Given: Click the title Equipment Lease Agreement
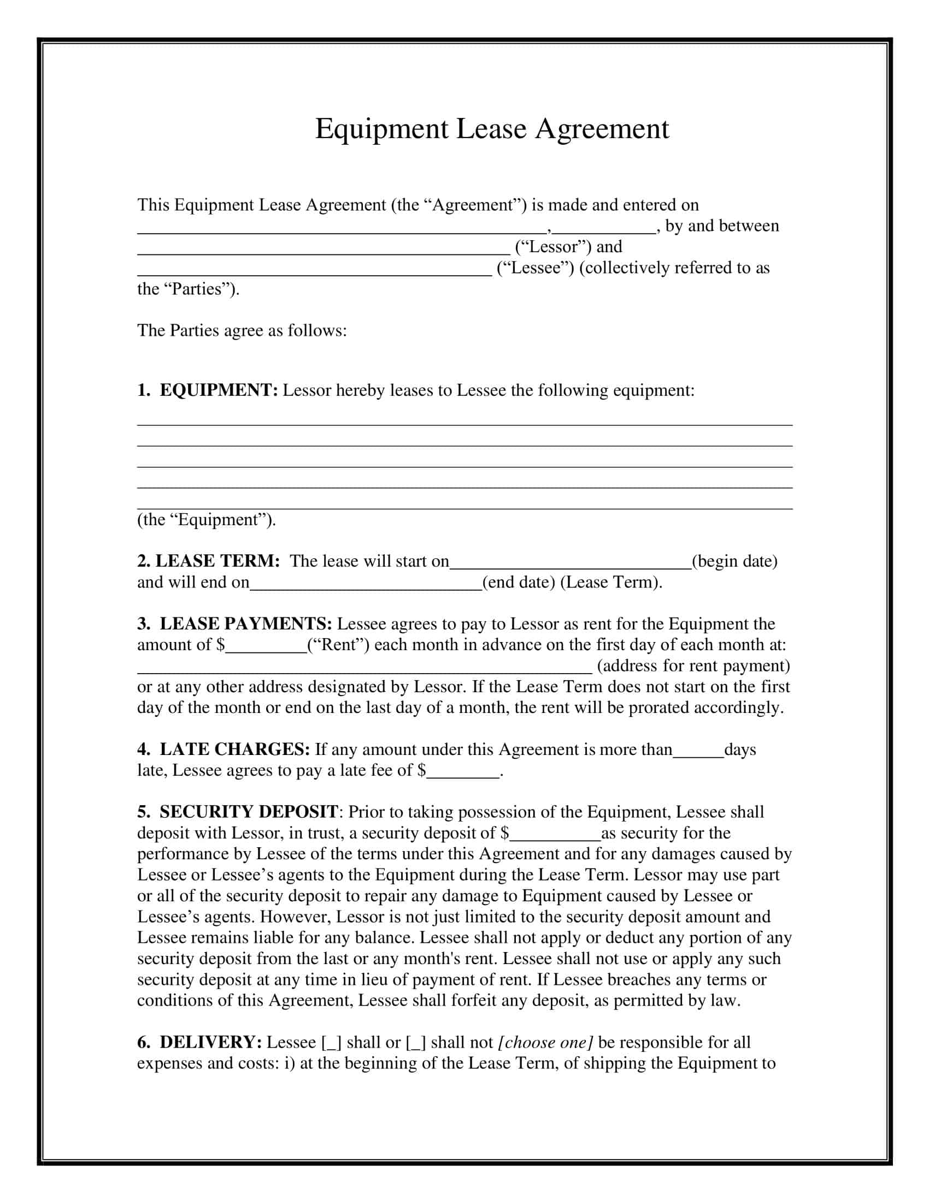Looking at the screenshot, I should click(491, 129).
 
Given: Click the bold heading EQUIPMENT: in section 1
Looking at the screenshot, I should click(219, 390).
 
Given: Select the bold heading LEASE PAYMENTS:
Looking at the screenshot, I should click(245, 623).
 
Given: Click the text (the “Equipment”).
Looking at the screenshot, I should click(207, 520).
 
